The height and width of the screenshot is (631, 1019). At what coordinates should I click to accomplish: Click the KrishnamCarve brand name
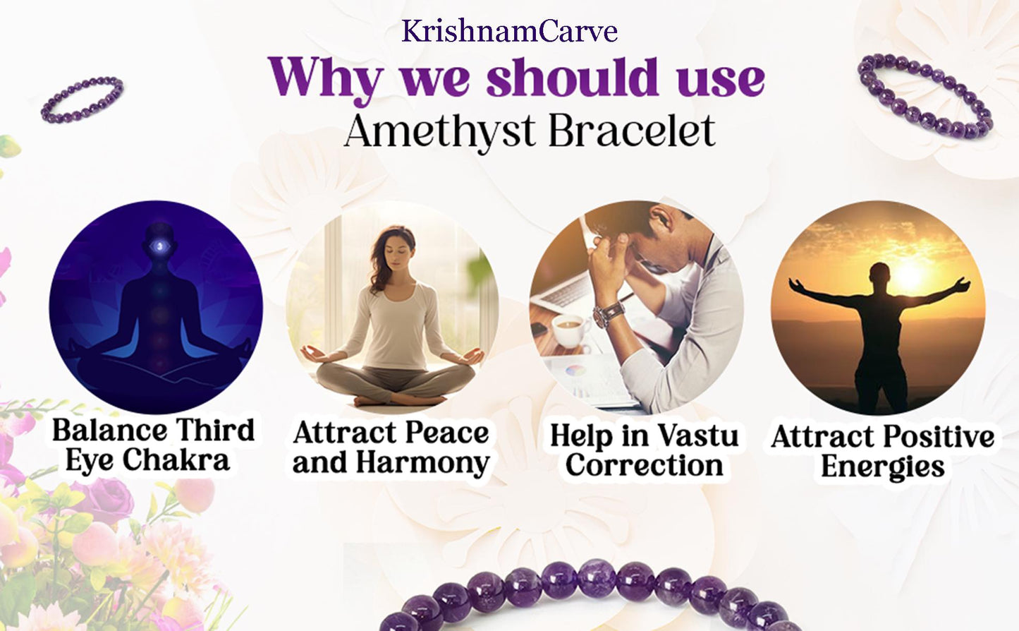pyautogui.click(x=509, y=31)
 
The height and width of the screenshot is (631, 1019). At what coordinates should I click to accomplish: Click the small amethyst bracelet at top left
pyautogui.click(x=82, y=100)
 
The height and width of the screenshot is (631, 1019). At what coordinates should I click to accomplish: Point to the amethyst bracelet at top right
pyautogui.click(x=925, y=95)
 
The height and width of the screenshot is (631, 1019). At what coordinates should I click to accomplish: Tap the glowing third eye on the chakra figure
pyautogui.click(x=160, y=246)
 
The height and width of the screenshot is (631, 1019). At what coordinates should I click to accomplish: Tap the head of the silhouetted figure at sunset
pyautogui.click(x=879, y=273)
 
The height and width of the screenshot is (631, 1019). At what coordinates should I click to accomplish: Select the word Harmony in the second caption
pyautogui.click(x=422, y=463)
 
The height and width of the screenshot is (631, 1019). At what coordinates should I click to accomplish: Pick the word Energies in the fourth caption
pyautogui.click(x=882, y=467)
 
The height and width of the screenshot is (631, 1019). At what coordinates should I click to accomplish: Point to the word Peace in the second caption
pyautogui.click(x=447, y=433)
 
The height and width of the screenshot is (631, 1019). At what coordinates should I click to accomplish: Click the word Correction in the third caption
pyautogui.click(x=644, y=466)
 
